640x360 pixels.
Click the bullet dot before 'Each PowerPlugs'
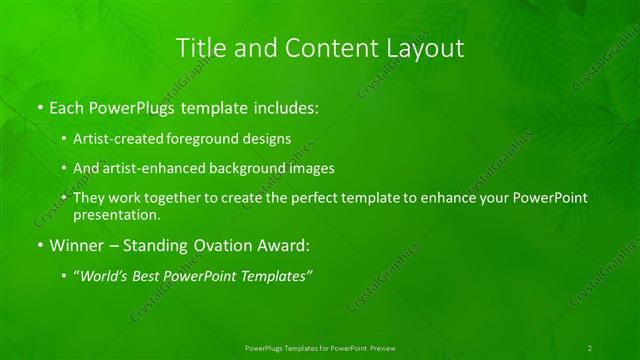pyautogui.click(x=39, y=106)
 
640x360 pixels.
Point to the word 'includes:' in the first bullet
pyautogui.click(x=286, y=105)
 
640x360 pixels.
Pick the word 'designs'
pyautogui.click(x=264, y=140)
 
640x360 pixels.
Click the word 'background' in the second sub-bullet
pyautogui.click(x=240, y=169)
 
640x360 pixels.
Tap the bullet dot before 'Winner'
pyautogui.click(x=39, y=245)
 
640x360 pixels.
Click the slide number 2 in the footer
pyautogui.click(x=589, y=348)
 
